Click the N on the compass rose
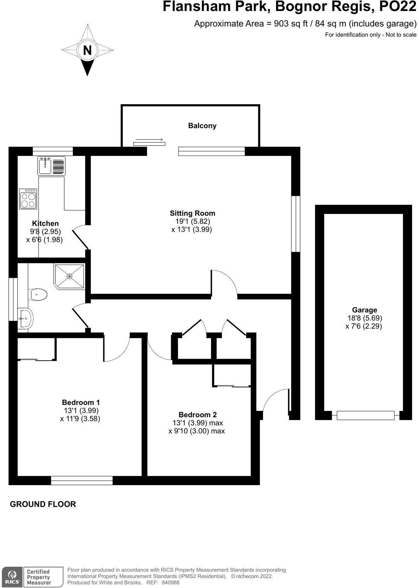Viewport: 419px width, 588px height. pyautogui.click(x=87, y=50)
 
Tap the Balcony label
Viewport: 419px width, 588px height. pyautogui.click(x=202, y=126)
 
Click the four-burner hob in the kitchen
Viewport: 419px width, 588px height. pyautogui.click(x=28, y=199)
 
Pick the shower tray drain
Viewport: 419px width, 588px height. pyautogui.click(x=69, y=276)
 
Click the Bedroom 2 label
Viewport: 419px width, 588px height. pyautogui.click(x=198, y=415)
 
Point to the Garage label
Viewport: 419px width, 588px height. pyautogui.click(x=364, y=310)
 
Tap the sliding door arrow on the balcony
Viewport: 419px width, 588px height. pyautogui.click(x=149, y=140)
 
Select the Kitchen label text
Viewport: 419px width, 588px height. pyautogui.click(x=45, y=223)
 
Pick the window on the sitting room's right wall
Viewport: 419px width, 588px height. pyautogui.click(x=296, y=223)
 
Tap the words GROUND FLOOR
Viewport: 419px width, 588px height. pyautogui.click(x=43, y=504)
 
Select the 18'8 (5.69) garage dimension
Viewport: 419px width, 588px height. pyautogui.click(x=365, y=318)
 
